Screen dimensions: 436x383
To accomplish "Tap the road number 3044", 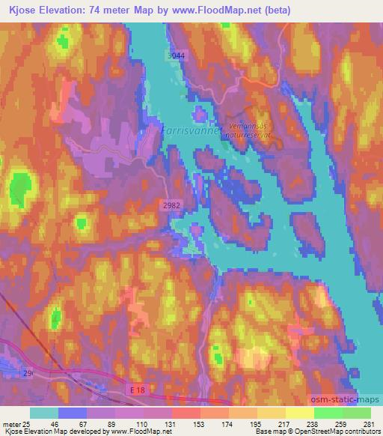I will click(x=175, y=55).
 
